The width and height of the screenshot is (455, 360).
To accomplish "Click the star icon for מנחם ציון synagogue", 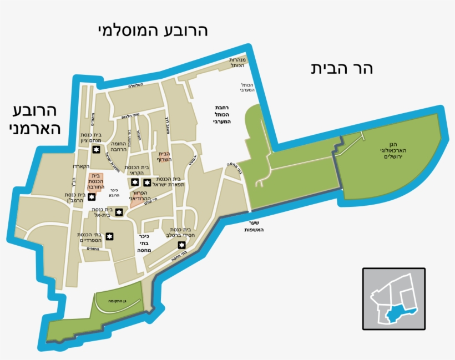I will pyautogui.click(x=96, y=150).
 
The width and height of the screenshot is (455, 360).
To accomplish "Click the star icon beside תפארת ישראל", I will pyautogui.click(x=147, y=182).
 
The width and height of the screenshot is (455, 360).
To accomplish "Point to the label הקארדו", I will pyautogui.click(x=80, y=166).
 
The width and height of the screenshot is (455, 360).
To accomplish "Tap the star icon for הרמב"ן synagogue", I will pyautogui.click(x=92, y=196).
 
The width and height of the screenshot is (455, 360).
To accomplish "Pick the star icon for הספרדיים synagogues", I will pyautogui.click(x=110, y=237).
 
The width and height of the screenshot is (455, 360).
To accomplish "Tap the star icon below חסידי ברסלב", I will pyautogui.click(x=181, y=245).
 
